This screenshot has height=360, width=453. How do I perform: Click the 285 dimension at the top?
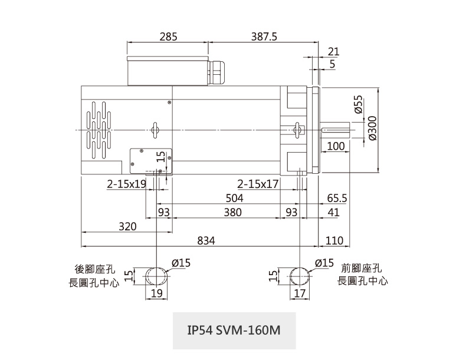(168, 37)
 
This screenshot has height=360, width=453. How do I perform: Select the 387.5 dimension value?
(264, 37)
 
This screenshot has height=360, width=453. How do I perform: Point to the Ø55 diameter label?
(359, 105)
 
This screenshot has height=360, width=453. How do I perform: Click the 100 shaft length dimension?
(335, 146)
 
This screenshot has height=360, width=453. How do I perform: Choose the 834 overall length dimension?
(206, 240)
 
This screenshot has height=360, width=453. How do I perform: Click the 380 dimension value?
(233, 212)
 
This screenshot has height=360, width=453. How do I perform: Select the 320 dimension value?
(127, 226)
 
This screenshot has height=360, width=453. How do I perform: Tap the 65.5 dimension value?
(336, 199)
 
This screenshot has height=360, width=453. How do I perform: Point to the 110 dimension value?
(334, 240)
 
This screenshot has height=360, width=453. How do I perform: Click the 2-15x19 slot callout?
(126, 184)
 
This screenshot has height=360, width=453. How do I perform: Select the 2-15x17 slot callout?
(258, 184)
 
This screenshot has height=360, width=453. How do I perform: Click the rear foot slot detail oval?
(156, 276)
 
